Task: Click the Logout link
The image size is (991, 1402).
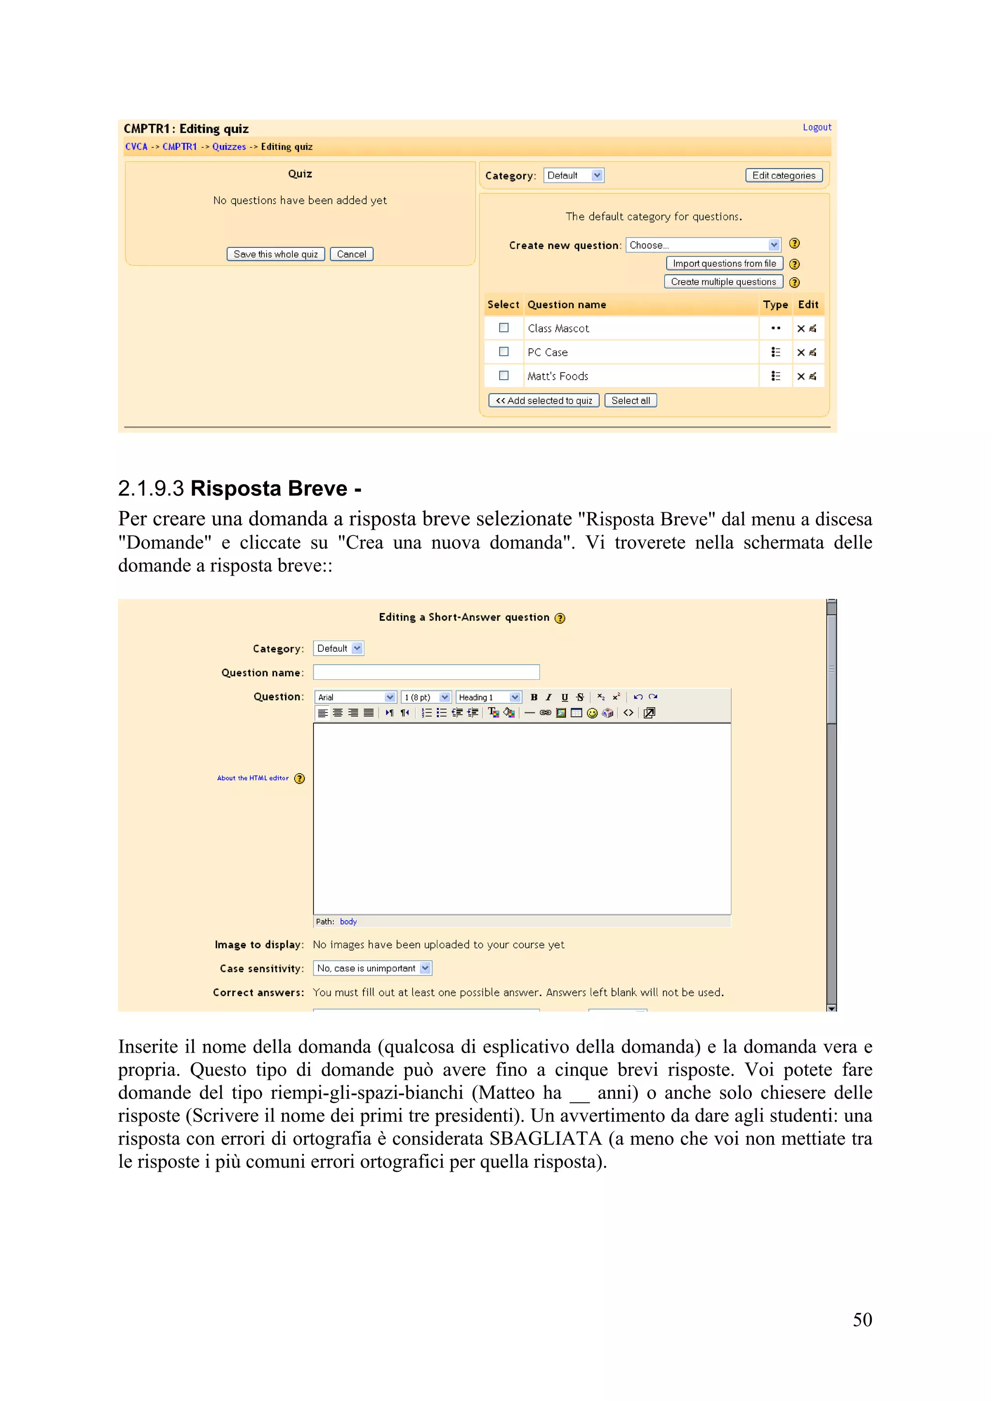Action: [816, 127]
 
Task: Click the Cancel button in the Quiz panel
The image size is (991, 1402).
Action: [351, 254]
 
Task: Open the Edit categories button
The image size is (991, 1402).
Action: [783, 175]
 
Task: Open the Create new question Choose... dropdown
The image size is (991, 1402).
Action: [704, 245]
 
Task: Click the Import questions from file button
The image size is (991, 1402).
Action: [724, 263]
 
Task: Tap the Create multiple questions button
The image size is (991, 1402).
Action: [723, 282]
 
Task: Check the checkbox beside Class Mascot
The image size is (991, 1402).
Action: [504, 328]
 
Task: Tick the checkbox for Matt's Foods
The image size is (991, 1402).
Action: [504, 375]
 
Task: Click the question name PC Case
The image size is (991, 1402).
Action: [548, 352]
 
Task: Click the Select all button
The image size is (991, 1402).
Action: [630, 401]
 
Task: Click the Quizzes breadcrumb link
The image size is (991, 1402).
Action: [229, 147]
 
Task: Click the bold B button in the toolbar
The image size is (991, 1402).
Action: [534, 697]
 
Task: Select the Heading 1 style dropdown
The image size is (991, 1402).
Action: [488, 697]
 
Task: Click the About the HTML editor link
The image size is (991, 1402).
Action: [253, 778]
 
